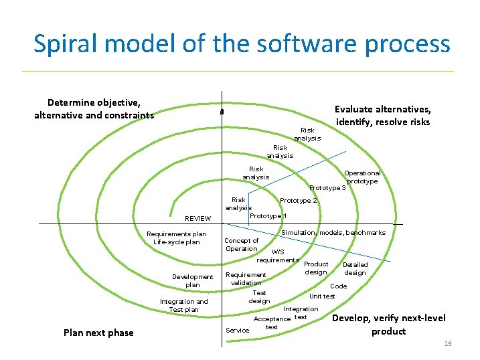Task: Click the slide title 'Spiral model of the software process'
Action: click(x=242, y=44)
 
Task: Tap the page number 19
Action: click(x=448, y=343)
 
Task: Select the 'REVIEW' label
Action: click(x=197, y=218)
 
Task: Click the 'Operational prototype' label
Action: click(x=362, y=177)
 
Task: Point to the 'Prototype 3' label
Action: click(x=327, y=188)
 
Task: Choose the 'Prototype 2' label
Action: click(x=299, y=201)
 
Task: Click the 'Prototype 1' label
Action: click(x=268, y=216)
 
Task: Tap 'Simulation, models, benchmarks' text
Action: click(x=333, y=233)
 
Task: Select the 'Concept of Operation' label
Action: click(x=241, y=245)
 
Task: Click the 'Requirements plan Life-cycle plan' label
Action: click(x=177, y=238)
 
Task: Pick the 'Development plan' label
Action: click(x=192, y=280)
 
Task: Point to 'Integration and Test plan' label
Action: click(x=183, y=306)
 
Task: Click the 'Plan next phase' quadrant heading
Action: click(x=98, y=333)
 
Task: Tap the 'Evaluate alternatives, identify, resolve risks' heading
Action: click(x=382, y=116)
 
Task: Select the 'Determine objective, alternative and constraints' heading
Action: click(x=94, y=109)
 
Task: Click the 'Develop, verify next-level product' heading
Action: click(x=388, y=325)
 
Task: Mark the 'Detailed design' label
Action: click(x=355, y=268)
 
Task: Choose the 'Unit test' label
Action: click(x=322, y=296)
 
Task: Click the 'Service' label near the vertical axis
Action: click(x=237, y=330)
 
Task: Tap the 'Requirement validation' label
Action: click(x=246, y=279)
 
